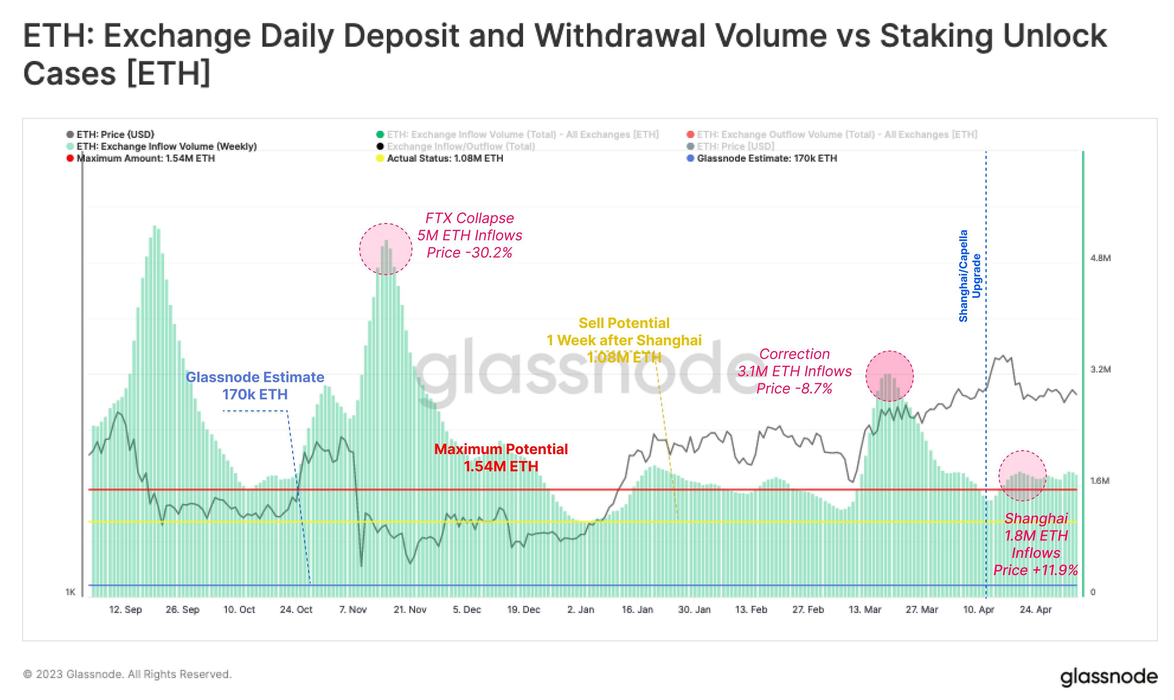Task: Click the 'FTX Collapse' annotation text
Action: pos(469,218)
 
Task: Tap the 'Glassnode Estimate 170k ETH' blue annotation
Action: pos(255,385)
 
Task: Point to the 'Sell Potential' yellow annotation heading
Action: pos(624,323)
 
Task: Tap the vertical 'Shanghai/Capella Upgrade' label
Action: pos(969,276)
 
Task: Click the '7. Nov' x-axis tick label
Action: pos(353,609)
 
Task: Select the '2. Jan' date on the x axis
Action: pos(581,609)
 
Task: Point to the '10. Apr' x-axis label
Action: pos(978,609)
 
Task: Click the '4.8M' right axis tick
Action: pos(1101,258)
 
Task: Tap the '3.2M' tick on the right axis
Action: pos(1101,369)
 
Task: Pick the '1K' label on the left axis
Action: pos(70,592)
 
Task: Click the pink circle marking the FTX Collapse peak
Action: pos(386,249)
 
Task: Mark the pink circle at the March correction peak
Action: pos(890,376)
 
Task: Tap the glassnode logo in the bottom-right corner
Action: pos(1109,677)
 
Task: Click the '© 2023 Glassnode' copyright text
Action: pos(127,674)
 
